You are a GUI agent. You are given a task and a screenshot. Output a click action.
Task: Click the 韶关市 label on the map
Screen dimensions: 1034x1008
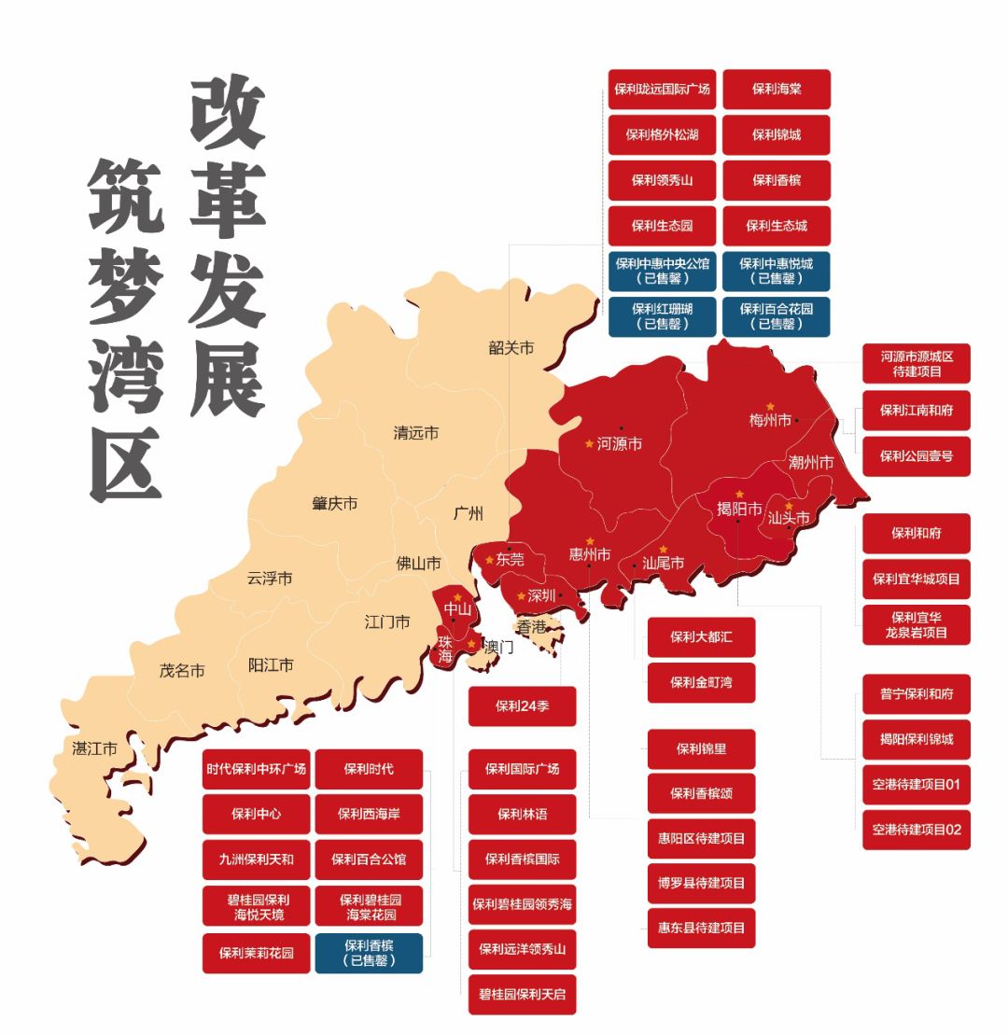coord(511,348)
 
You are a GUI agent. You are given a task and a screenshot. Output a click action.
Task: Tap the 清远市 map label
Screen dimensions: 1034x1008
coord(416,433)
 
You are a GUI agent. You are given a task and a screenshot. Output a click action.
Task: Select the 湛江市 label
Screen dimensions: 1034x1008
coord(95,748)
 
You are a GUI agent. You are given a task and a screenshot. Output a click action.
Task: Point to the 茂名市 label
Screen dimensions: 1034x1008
coord(182,670)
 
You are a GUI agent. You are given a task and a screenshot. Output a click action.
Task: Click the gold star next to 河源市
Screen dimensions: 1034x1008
coord(589,443)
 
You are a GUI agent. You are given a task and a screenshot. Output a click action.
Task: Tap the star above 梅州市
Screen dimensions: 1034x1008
coord(770,407)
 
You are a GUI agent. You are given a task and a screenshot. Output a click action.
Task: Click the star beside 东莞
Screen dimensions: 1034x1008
coord(489,560)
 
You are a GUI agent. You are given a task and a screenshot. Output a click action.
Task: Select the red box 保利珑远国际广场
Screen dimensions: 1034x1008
coord(662,90)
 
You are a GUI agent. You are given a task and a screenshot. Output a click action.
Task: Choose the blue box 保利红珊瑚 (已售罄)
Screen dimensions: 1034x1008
coord(662,316)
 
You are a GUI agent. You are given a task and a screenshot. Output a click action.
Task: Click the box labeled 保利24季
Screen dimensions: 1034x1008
coord(522,706)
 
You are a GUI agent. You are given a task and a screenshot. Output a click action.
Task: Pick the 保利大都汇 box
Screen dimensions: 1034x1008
coord(701,637)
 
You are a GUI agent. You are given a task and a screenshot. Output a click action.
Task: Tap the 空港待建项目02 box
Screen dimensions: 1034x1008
coord(916,830)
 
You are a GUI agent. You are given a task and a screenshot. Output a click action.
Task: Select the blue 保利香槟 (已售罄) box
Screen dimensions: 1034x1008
coord(369,953)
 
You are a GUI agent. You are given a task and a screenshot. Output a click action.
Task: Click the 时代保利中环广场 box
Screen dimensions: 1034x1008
coord(256,769)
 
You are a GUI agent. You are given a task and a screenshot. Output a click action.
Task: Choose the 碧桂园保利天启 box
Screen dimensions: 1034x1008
coord(522,994)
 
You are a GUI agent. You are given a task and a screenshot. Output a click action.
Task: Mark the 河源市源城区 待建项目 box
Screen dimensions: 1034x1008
coord(916,364)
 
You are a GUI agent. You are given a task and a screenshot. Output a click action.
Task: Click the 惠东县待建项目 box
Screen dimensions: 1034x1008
coord(701,928)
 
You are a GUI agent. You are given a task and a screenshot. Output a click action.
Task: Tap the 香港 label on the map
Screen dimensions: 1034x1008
coord(531,627)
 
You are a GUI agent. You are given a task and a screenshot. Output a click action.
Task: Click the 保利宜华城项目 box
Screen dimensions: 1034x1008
coord(916,579)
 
